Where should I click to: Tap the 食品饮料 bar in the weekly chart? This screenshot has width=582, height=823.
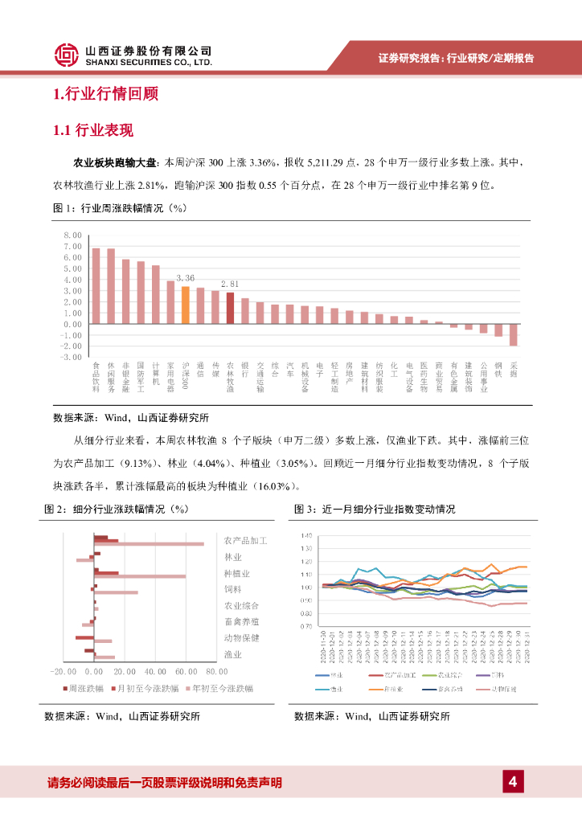[x=96, y=286]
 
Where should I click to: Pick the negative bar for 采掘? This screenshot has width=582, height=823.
[x=513, y=334]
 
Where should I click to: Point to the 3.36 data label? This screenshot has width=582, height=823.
[x=185, y=278]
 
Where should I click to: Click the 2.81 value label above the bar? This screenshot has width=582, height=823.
[x=230, y=284]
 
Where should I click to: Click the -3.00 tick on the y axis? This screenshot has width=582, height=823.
[x=71, y=357]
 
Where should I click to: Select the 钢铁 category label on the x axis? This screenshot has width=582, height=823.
[x=498, y=370]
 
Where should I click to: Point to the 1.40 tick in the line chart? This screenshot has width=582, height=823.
[x=305, y=535]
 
